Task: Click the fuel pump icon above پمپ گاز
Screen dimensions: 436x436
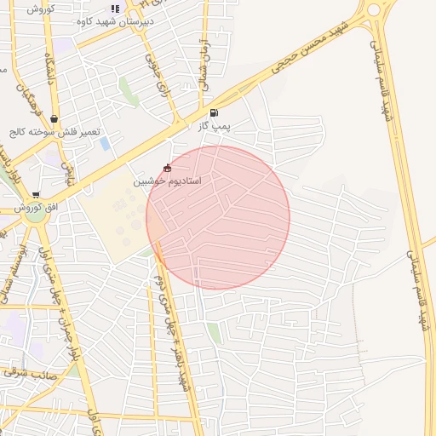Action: [x=213, y=112]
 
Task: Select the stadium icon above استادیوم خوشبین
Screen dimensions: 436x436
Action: [x=166, y=168]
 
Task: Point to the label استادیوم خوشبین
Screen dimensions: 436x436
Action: [x=167, y=182]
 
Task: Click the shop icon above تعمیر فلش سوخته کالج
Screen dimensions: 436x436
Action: [x=54, y=119]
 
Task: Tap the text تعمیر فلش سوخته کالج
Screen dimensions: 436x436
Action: [x=56, y=133]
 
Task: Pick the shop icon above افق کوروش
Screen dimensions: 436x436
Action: [x=36, y=195]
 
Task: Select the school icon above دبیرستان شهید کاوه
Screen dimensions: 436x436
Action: [x=115, y=9]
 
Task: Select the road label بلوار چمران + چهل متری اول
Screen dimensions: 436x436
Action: [x=53, y=281]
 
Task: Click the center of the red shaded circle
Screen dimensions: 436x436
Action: [x=218, y=217]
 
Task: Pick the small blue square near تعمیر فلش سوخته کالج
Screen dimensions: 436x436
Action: [x=105, y=144]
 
